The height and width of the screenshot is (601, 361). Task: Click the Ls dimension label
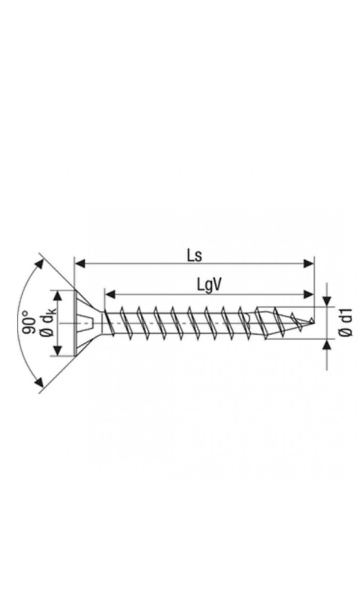(x=194, y=255)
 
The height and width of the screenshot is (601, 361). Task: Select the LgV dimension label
(x=210, y=285)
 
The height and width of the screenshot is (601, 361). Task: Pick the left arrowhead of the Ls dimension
(x=79, y=263)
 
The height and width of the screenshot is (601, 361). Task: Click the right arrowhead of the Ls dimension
(x=309, y=263)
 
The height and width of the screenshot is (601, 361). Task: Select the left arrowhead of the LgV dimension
(x=110, y=294)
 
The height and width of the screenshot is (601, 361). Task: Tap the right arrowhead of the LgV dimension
(x=309, y=294)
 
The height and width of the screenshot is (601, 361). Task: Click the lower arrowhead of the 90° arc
(x=39, y=382)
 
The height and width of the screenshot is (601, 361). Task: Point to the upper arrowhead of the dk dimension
(x=58, y=296)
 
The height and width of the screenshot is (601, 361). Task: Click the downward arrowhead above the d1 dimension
(x=327, y=301)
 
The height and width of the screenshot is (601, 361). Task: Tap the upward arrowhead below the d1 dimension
(x=327, y=345)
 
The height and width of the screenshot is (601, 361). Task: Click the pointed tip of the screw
(x=314, y=320)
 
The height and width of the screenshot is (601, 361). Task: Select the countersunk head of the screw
(x=88, y=323)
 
